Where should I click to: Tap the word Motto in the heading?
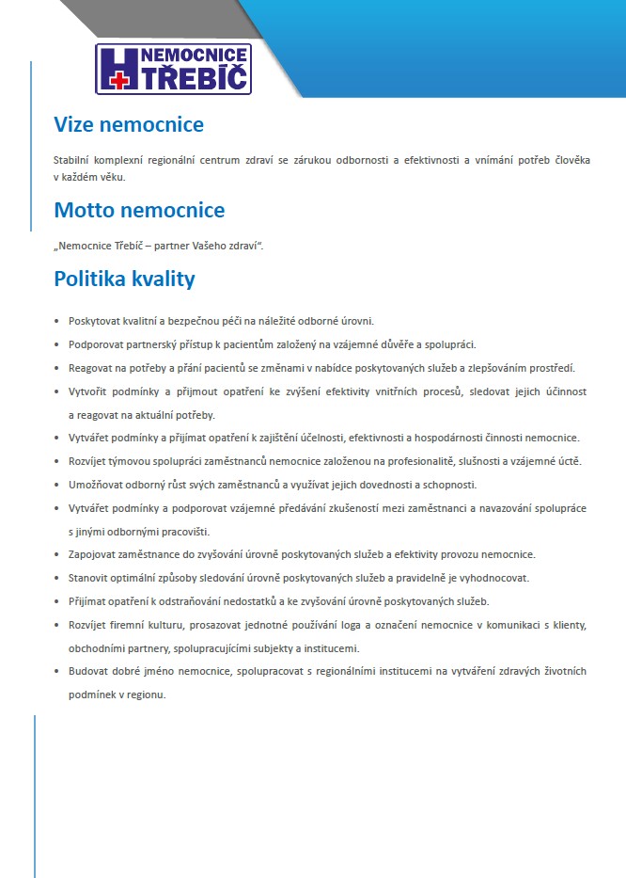click(86, 209)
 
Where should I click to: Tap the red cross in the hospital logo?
click(118, 82)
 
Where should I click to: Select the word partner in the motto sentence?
click(162, 246)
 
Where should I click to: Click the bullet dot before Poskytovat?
click(57, 322)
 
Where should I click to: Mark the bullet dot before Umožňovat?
click(57, 485)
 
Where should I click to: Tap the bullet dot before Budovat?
click(57, 671)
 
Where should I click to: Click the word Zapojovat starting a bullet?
click(93, 554)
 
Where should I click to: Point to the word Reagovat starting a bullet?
click(91, 368)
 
